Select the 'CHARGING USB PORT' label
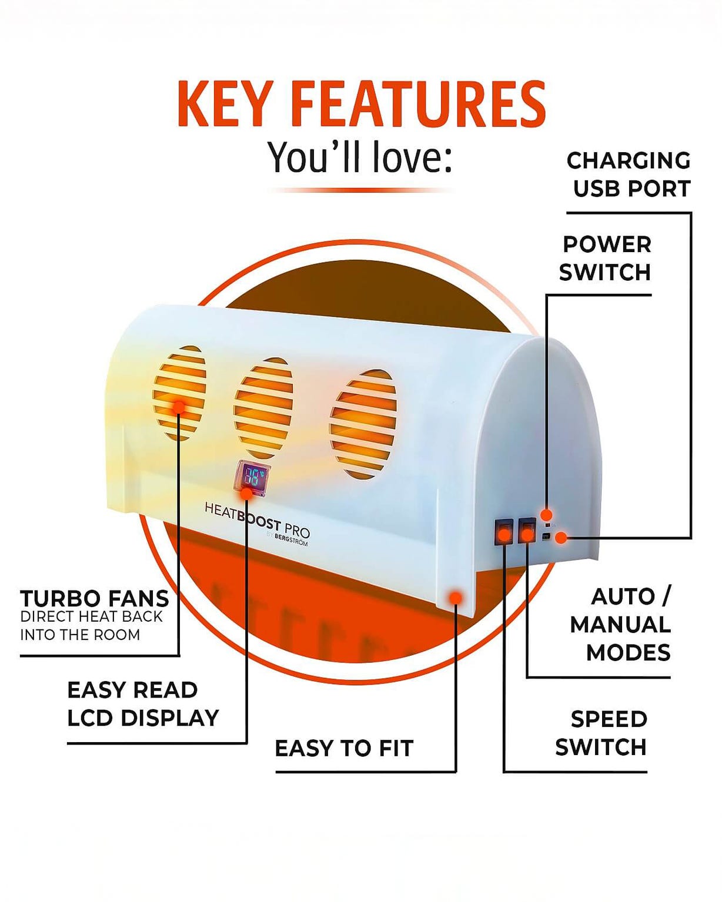pos(629,175)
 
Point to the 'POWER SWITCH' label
pos(606,258)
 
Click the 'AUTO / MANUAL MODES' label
pos(620,625)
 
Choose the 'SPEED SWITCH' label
pos(601,733)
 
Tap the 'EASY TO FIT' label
pos(344,749)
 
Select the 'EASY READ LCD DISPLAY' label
pos(143,704)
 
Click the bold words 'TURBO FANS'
pos(95,599)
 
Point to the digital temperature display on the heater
pos(252,477)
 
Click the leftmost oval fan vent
pos(179,393)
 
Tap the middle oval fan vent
pos(263,408)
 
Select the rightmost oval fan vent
pos(363,424)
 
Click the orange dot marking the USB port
pos(561,537)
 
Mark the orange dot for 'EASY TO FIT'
pos(456,598)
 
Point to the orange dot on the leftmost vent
pos(179,406)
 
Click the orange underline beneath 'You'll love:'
pos(361,190)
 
